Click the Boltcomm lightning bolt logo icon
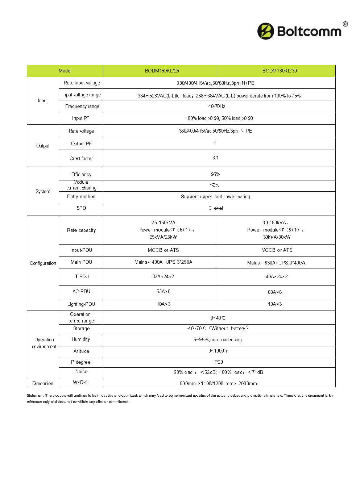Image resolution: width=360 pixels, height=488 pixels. coord(265,31)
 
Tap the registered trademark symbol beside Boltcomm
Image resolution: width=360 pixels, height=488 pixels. coord(345,24)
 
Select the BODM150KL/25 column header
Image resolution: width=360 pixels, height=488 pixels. coord(162,71)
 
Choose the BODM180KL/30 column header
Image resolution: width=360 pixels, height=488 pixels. coord(280,71)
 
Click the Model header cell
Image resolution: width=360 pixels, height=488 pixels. coord(65,71)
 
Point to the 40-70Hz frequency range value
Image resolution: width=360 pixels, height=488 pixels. coord(217,107)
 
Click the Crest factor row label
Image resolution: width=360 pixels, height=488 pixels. coord(81,159)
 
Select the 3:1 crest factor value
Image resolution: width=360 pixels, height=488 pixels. coord(215,158)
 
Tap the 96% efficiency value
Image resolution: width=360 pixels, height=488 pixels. coord(215,175)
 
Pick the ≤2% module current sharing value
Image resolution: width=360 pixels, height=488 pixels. coord(215,185)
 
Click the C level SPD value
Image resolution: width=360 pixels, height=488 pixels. coord(216,208)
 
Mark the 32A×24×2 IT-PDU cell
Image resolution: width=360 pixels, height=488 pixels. coord(163,277)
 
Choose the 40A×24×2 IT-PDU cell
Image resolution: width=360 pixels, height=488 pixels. coord(276,277)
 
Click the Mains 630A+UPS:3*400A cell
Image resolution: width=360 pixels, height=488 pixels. coord(276,263)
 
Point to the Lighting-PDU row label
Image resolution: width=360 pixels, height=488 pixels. coord(81,304)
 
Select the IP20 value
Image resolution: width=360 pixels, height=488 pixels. coord(218,362)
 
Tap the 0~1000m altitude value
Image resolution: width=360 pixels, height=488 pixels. coord(218,351)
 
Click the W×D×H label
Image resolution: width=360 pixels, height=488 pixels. coord(81,383)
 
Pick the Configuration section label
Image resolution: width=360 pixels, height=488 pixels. coord(43,263)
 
